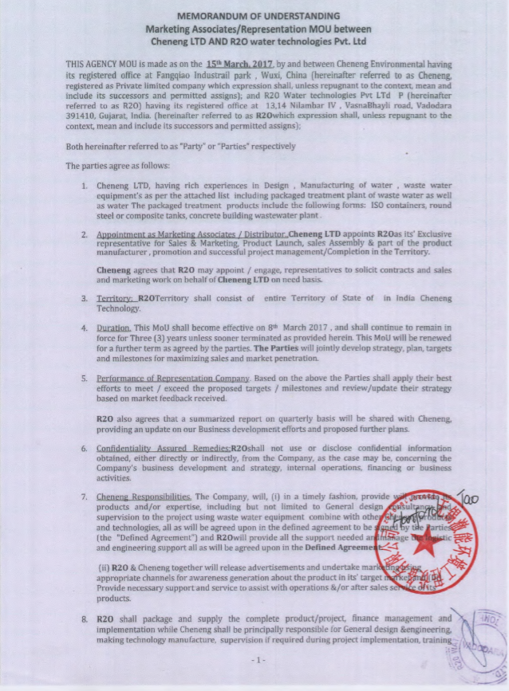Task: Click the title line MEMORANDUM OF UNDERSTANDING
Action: [x=258, y=15]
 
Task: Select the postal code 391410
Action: [x=81, y=114]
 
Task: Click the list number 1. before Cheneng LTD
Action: [x=85, y=185]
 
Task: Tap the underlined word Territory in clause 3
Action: [x=114, y=297]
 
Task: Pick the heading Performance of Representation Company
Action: [x=174, y=378]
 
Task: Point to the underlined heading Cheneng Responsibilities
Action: [x=144, y=497]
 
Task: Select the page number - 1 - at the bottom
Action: [x=256, y=661]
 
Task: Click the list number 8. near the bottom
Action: [x=85, y=618]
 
